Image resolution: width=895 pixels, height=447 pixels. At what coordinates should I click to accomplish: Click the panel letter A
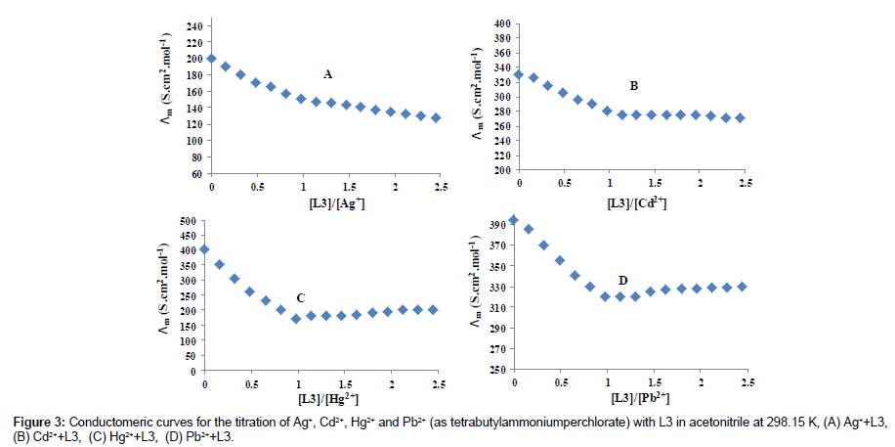pos(328,74)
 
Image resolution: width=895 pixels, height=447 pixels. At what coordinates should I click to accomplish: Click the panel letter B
pos(634,87)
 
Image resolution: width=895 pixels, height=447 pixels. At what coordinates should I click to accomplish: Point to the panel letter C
pos(300,297)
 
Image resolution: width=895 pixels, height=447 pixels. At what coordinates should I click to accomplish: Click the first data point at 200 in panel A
pos(211,59)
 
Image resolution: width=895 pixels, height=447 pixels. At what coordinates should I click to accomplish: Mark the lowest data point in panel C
pos(296,319)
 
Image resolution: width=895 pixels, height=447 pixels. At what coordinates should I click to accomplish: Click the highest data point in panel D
pos(514,220)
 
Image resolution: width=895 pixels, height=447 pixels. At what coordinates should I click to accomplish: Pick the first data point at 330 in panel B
pos(519,74)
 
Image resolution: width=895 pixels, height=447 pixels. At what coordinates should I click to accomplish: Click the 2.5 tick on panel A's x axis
pos(439,186)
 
